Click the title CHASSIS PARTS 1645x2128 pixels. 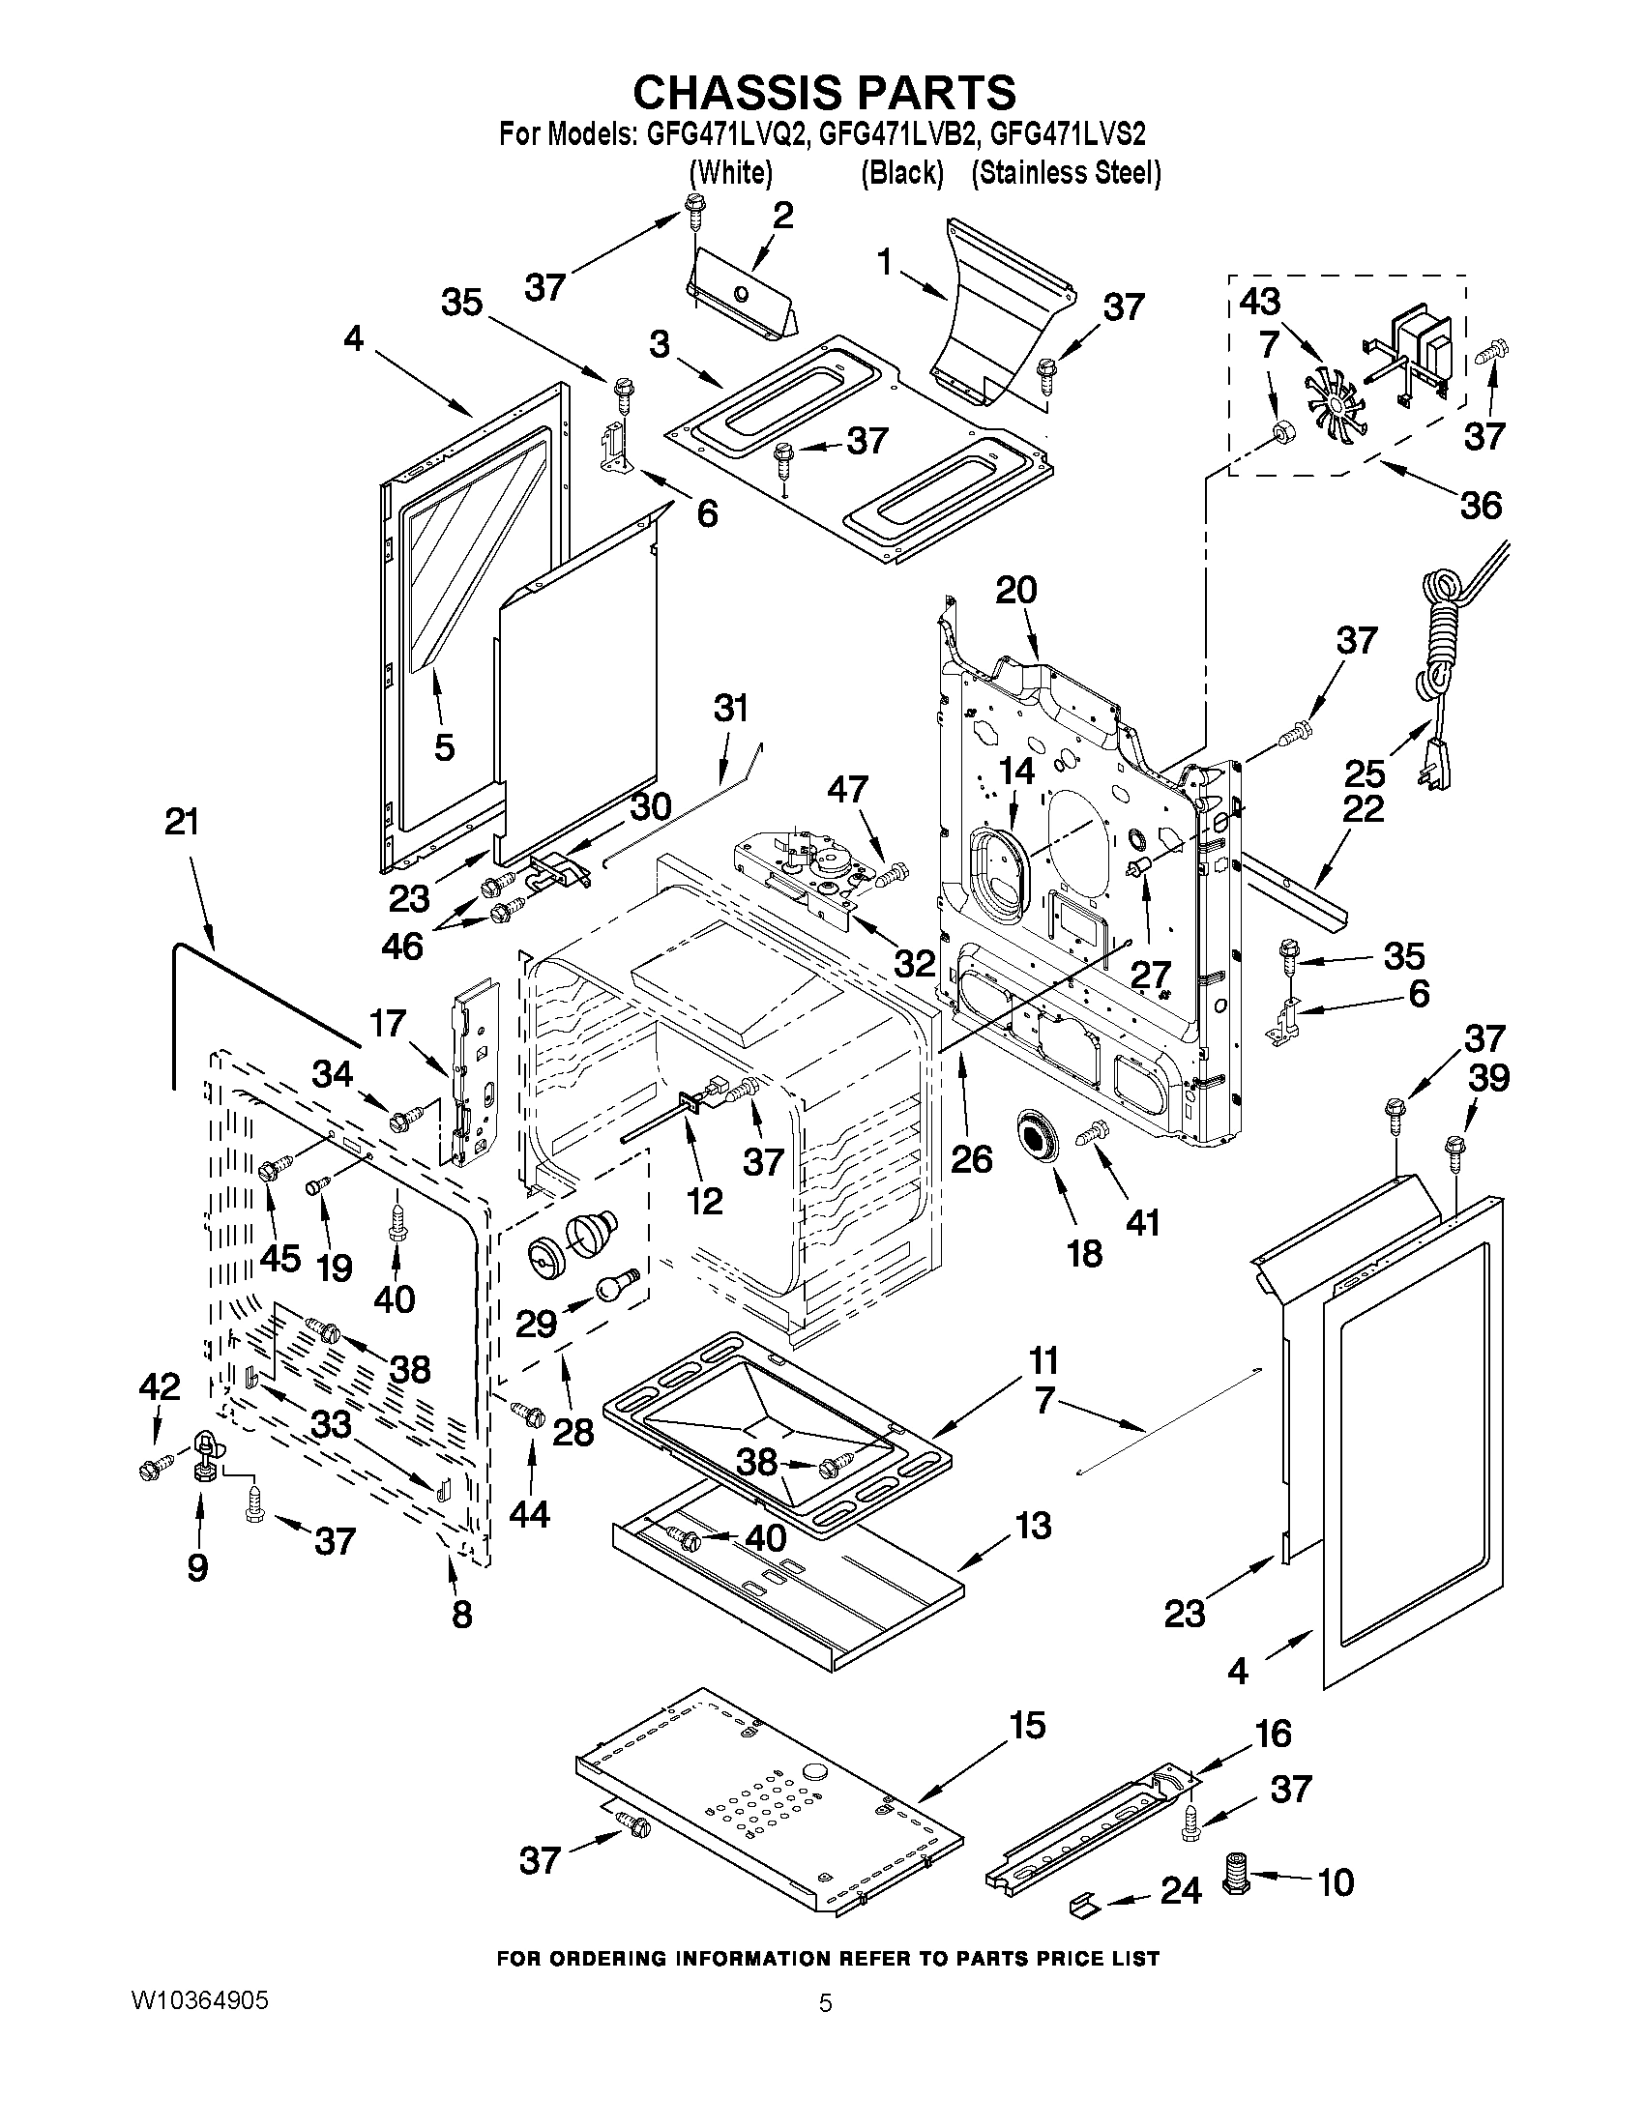[824, 93]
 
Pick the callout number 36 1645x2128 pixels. [1481, 506]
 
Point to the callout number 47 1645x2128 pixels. [847, 788]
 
